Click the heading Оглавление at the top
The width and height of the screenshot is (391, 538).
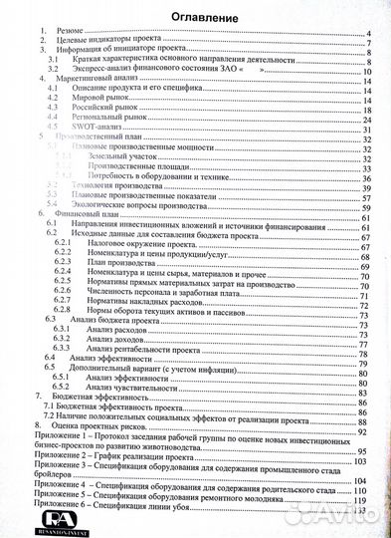coord(196,17)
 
